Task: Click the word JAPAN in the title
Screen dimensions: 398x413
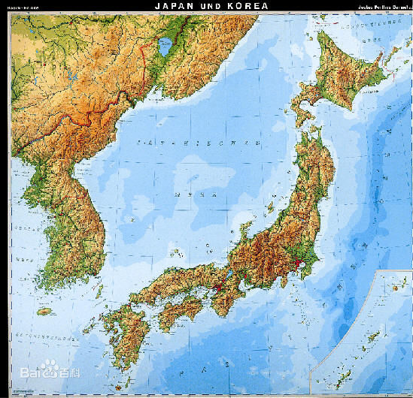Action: click(x=175, y=5)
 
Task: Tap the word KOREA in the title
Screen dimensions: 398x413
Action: click(x=244, y=5)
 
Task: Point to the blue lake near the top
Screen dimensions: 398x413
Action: click(x=163, y=49)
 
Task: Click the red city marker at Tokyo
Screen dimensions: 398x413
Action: click(x=300, y=264)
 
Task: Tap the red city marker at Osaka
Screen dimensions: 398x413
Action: click(x=220, y=286)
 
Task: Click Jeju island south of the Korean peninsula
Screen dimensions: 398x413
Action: click(x=46, y=310)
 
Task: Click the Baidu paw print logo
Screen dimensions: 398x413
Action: click(x=49, y=367)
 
